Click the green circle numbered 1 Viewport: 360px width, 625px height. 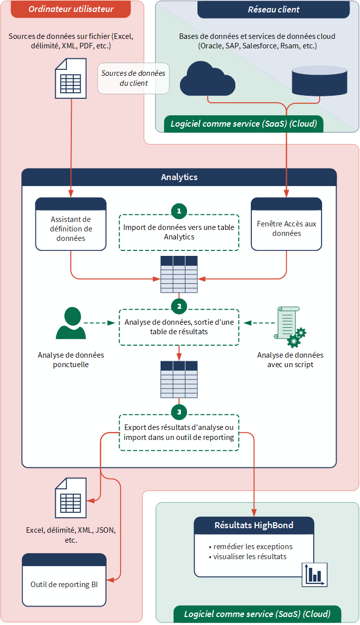[179, 211]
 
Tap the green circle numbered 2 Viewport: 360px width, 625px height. [179, 305]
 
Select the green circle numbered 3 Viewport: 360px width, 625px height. [179, 412]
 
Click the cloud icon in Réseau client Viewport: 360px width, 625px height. [207, 78]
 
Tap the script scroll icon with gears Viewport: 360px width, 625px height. [291, 327]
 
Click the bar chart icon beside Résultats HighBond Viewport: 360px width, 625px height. [315, 575]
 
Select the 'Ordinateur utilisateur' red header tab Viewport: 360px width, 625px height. [71, 9]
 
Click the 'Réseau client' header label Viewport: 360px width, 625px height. [274, 9]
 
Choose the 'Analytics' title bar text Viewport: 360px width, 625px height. [179, 177]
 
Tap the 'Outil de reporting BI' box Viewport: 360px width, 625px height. [64, 584]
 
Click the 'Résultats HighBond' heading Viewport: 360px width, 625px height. [254, 525]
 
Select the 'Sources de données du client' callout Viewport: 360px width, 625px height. [133, 78]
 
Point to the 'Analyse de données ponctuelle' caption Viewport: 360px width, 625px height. [71, 360]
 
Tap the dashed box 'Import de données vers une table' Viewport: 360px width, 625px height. [179, 232]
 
